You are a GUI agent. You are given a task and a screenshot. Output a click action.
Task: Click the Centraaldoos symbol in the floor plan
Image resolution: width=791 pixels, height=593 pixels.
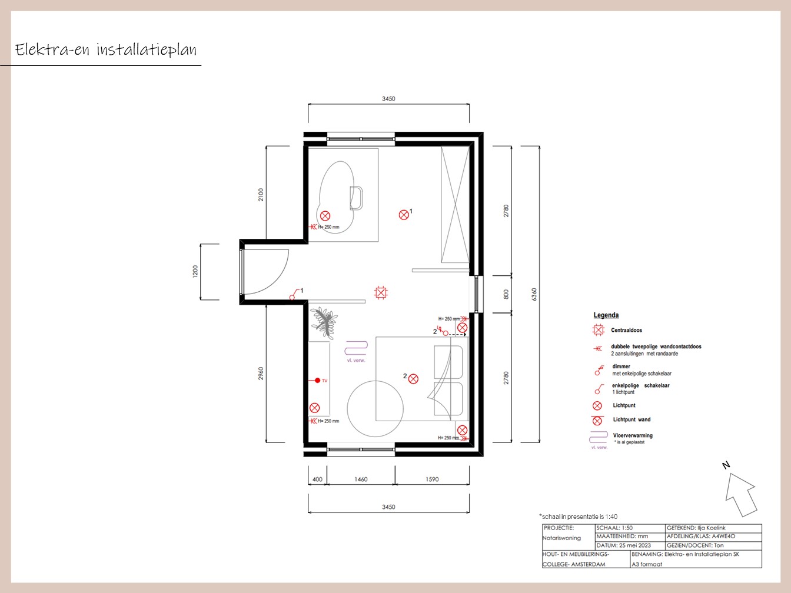pos(381,293)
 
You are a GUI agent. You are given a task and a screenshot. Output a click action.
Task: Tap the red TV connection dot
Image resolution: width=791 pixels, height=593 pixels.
pos(317,380)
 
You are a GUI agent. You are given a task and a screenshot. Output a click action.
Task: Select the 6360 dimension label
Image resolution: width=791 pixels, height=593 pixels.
pos(534,295)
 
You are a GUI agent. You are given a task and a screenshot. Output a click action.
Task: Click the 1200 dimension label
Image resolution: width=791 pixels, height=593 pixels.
pos(195,271)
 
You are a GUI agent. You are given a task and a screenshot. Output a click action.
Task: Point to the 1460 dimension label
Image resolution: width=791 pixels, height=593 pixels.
pos(361,479)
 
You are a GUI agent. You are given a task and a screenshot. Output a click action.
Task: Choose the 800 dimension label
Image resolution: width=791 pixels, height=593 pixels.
pos(506,295)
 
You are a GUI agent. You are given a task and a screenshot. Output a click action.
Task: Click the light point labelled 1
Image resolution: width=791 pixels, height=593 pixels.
pos(404,215)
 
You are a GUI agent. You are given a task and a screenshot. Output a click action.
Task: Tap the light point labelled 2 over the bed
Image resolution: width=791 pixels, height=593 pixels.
pos(413,379)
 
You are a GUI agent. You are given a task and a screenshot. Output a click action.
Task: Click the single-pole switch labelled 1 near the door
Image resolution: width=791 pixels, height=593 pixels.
pos(294,294)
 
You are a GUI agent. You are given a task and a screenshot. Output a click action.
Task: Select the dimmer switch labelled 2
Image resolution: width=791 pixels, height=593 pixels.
pos(443,331)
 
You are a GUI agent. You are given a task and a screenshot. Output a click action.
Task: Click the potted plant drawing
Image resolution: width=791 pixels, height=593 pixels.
pos(324,322)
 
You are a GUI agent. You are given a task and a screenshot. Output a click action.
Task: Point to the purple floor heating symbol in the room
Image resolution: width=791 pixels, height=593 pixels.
pos(356,348)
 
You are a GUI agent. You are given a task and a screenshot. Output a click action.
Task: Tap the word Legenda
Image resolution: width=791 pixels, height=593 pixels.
pos(606,315)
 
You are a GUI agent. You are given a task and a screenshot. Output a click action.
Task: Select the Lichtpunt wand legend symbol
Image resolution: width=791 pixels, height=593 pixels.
pos(597,420)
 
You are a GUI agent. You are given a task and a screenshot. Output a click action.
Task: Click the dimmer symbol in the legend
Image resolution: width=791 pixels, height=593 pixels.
pos(599,371)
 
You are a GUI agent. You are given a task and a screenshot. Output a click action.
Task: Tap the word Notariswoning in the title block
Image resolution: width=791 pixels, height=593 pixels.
pos(561,538)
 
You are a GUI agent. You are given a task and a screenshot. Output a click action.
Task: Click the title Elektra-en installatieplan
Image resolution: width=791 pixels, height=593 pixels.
pos(106,49)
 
